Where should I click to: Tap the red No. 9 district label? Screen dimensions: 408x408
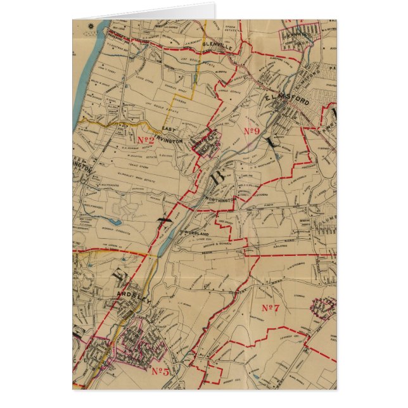(x=252, y=131)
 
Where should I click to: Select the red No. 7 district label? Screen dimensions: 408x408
(x=271, y=308)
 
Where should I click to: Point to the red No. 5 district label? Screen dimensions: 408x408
(x=160, y=371)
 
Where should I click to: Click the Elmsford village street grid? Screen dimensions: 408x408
(x=291, y=117)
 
